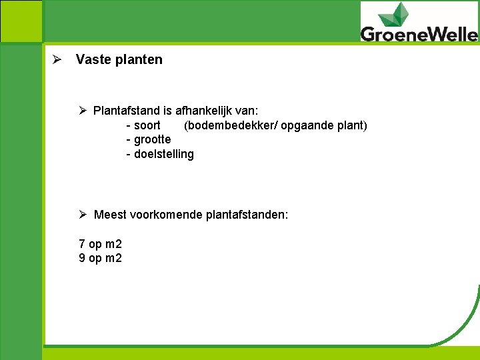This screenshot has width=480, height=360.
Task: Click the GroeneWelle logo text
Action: pyautogui.click(x=419, y=33)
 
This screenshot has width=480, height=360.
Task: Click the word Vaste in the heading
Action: pyautogui.click(x=93, y=59)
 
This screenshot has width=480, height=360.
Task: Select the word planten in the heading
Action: pyautogui.click(x=138, y=59)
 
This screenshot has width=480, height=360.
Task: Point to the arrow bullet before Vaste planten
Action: pyautogui.click(x=57, y=59)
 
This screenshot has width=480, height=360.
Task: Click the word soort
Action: pyautogui.click(x=147, y=125)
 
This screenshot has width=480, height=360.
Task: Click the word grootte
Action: pyautogui.click(x=152, y=139)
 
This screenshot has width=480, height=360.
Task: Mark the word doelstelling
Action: pyautogui.click(x=164, y=154)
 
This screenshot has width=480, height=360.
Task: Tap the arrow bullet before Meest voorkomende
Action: pyautogui.click(x=83, y=215)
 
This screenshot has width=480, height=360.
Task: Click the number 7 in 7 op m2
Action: pyautogui.click(x=82, y=244)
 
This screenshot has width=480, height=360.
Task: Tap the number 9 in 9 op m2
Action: pyautogui.click(x=82, y=258)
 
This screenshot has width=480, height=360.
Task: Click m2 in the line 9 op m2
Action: pyautogui.click(x=114, y=258)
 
